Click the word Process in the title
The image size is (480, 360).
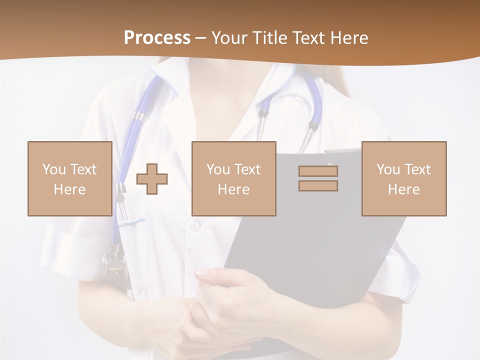click(157, 38)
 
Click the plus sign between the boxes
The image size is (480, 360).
click(152, 178)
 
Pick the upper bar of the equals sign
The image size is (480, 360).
click(318, 171)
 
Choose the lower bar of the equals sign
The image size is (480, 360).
click(318, 186)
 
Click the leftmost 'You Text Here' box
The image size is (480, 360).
click(69, 178)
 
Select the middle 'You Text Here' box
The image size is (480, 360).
click(233, 178)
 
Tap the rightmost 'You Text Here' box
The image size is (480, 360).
click(403, 178)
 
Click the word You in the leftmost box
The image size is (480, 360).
click(53, 169)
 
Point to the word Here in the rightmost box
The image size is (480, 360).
click(403, 189)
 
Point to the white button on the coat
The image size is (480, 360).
click(196, 225)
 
